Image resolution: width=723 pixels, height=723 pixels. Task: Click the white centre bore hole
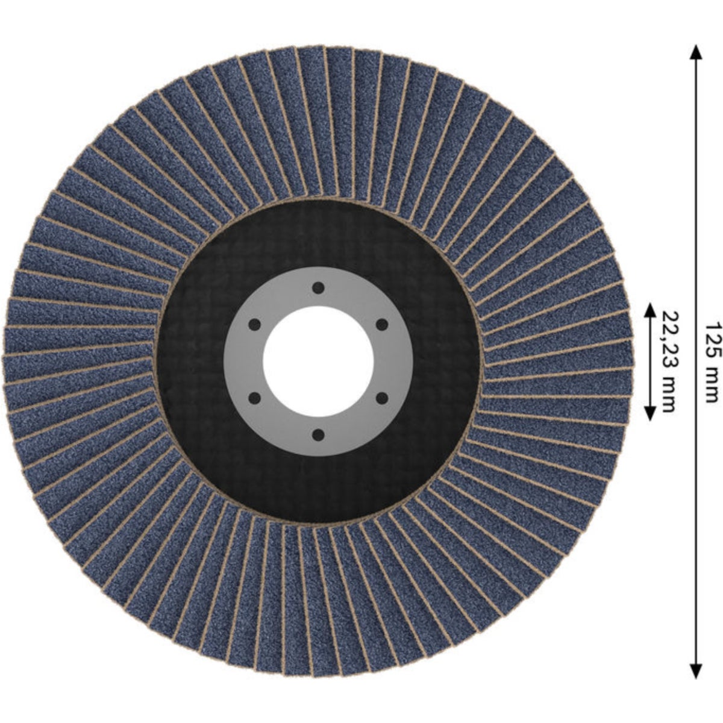point(318,361)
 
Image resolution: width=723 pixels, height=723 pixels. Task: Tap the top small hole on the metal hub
point(318,288)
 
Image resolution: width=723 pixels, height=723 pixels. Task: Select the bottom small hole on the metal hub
point(318,435)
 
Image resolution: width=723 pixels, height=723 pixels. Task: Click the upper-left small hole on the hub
point(255,325)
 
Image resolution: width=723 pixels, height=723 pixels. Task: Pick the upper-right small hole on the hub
point(381,325)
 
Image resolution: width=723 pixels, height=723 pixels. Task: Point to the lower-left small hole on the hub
point(255,398)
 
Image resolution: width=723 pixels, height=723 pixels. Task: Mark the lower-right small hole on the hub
point(381,398)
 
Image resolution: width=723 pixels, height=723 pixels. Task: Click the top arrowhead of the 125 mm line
point(696,52)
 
